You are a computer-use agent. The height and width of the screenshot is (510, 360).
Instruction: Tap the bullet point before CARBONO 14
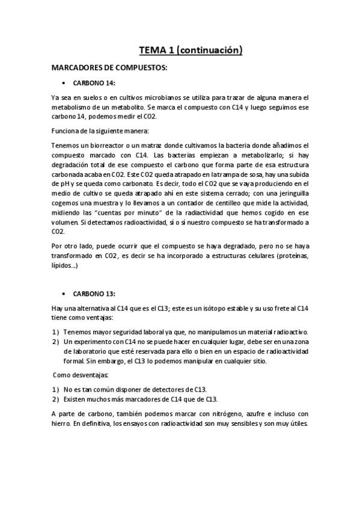click(x=64, y=83)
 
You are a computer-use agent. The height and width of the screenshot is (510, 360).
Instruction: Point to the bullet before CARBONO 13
click(x=64, y=293)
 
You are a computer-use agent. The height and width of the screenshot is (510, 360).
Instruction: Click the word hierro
click(x=61, y=423)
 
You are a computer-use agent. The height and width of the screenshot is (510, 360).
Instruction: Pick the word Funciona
click(x=65, y=130)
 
